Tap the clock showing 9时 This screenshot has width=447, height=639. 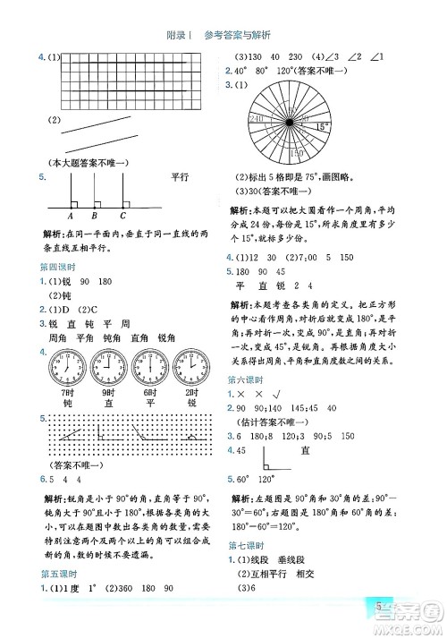[109, 366]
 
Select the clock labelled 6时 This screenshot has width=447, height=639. [150, 366]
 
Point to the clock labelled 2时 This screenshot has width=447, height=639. [191, 366]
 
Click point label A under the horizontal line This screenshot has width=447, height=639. [71, 216]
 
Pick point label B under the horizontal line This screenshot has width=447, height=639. [95, 216]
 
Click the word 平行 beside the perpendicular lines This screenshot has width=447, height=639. [181, 177]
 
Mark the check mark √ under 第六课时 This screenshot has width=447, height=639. [280, 394]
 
